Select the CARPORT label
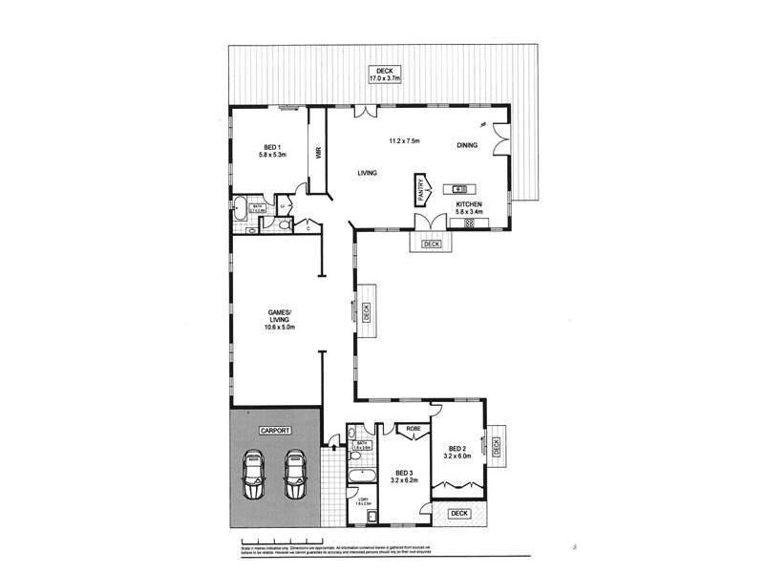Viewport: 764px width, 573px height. click(x=275, y=432)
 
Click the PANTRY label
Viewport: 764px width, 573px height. click(x=418, y=189)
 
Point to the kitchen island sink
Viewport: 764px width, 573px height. click(x=458, y=187)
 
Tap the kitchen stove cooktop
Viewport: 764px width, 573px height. click(x=469, y=223)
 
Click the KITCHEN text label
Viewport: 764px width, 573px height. click(x=469, y=204)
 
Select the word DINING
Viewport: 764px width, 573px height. click(x=467, y=145)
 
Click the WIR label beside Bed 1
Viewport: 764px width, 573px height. click(x=318, y=153)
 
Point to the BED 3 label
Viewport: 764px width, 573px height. click(x=403, y=473)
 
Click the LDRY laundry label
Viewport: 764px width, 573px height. click(x=363, y=499)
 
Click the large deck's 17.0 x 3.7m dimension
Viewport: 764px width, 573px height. click(x=385, y=78)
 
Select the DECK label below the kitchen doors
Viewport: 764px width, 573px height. click(x=432, y=244)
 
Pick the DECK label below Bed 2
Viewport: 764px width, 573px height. click(x=460, y=513)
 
